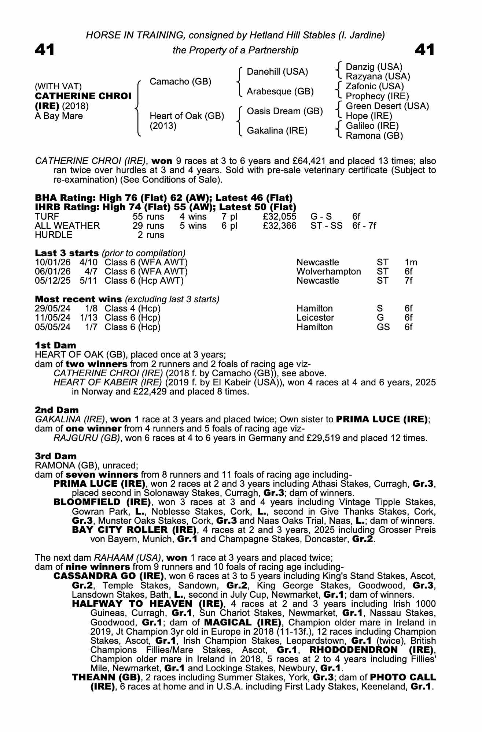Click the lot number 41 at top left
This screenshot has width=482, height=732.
point(45,50)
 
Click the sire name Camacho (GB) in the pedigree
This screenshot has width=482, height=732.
point(180,81)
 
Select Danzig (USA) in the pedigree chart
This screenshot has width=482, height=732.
point(374,67)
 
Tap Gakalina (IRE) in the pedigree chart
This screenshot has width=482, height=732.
point(277,131)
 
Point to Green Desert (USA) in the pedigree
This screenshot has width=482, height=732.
point(387,106)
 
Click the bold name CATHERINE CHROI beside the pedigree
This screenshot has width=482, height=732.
point(83,96)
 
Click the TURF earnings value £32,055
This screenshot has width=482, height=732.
point(279,216)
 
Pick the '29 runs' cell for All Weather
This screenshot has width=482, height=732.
point(148,226)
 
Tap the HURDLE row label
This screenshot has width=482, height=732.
point(54,235)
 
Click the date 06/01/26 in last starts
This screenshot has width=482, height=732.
point(53,272)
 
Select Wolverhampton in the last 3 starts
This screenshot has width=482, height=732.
point(328,272)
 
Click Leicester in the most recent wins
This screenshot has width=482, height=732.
point(315,318)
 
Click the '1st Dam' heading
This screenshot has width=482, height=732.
point(55,345)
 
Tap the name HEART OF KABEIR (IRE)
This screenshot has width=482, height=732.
point(107,382)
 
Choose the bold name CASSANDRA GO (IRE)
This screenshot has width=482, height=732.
point(103,576)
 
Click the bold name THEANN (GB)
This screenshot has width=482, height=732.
point(106,677)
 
